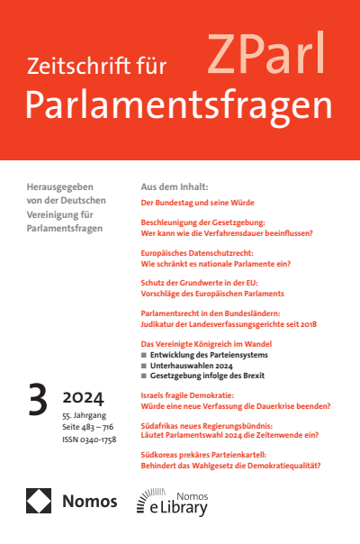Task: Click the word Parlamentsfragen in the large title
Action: pyautogui.click(x=178, y=106)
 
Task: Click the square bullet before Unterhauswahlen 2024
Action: pyautogui.click(x=145, y=367)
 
